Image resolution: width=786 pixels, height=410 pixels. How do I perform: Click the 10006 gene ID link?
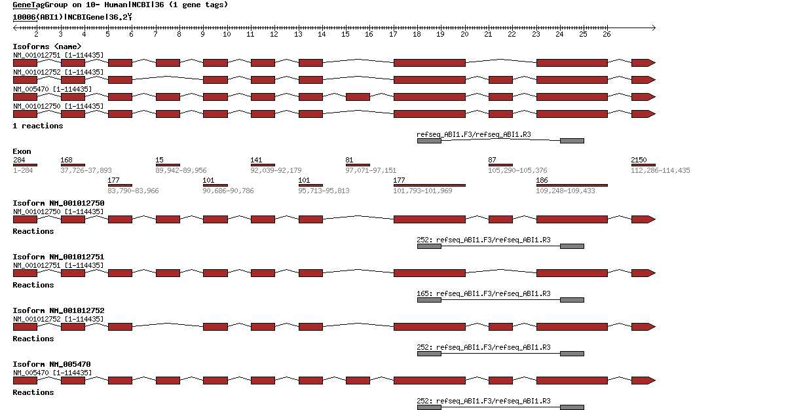(x=24, y=17)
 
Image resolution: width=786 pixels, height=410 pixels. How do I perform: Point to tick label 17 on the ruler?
(x=392, y=34)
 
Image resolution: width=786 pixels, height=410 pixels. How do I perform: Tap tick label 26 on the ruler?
(x=607, y=34)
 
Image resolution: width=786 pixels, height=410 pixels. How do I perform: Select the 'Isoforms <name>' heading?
(x=47, y=47)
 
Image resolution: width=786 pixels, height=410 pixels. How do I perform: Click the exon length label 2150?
(x=639, y=160)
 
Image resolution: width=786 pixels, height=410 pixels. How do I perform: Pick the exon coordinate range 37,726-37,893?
(x=86, y=170)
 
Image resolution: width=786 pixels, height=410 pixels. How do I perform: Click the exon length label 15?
(x=159, y=160)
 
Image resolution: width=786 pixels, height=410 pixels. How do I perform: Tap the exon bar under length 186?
(x=572, y=185)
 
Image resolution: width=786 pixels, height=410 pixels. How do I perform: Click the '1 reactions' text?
(x=38, y=126)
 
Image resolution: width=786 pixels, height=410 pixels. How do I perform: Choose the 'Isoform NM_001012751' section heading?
(x=58, y=257)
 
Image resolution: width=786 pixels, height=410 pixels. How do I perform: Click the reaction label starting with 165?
(x=483, y=293)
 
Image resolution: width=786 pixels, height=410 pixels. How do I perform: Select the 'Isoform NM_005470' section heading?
(x=52, y=364)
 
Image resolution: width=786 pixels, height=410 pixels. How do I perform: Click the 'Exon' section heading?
(x=22, y=151)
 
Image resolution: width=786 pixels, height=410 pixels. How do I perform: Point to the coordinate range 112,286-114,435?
(x=660, y=170)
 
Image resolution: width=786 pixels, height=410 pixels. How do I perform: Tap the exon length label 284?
(x=19, y=160)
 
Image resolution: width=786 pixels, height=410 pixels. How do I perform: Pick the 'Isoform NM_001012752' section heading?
(x=58, y=310)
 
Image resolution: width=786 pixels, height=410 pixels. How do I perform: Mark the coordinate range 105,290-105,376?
(x=517, y=170)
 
